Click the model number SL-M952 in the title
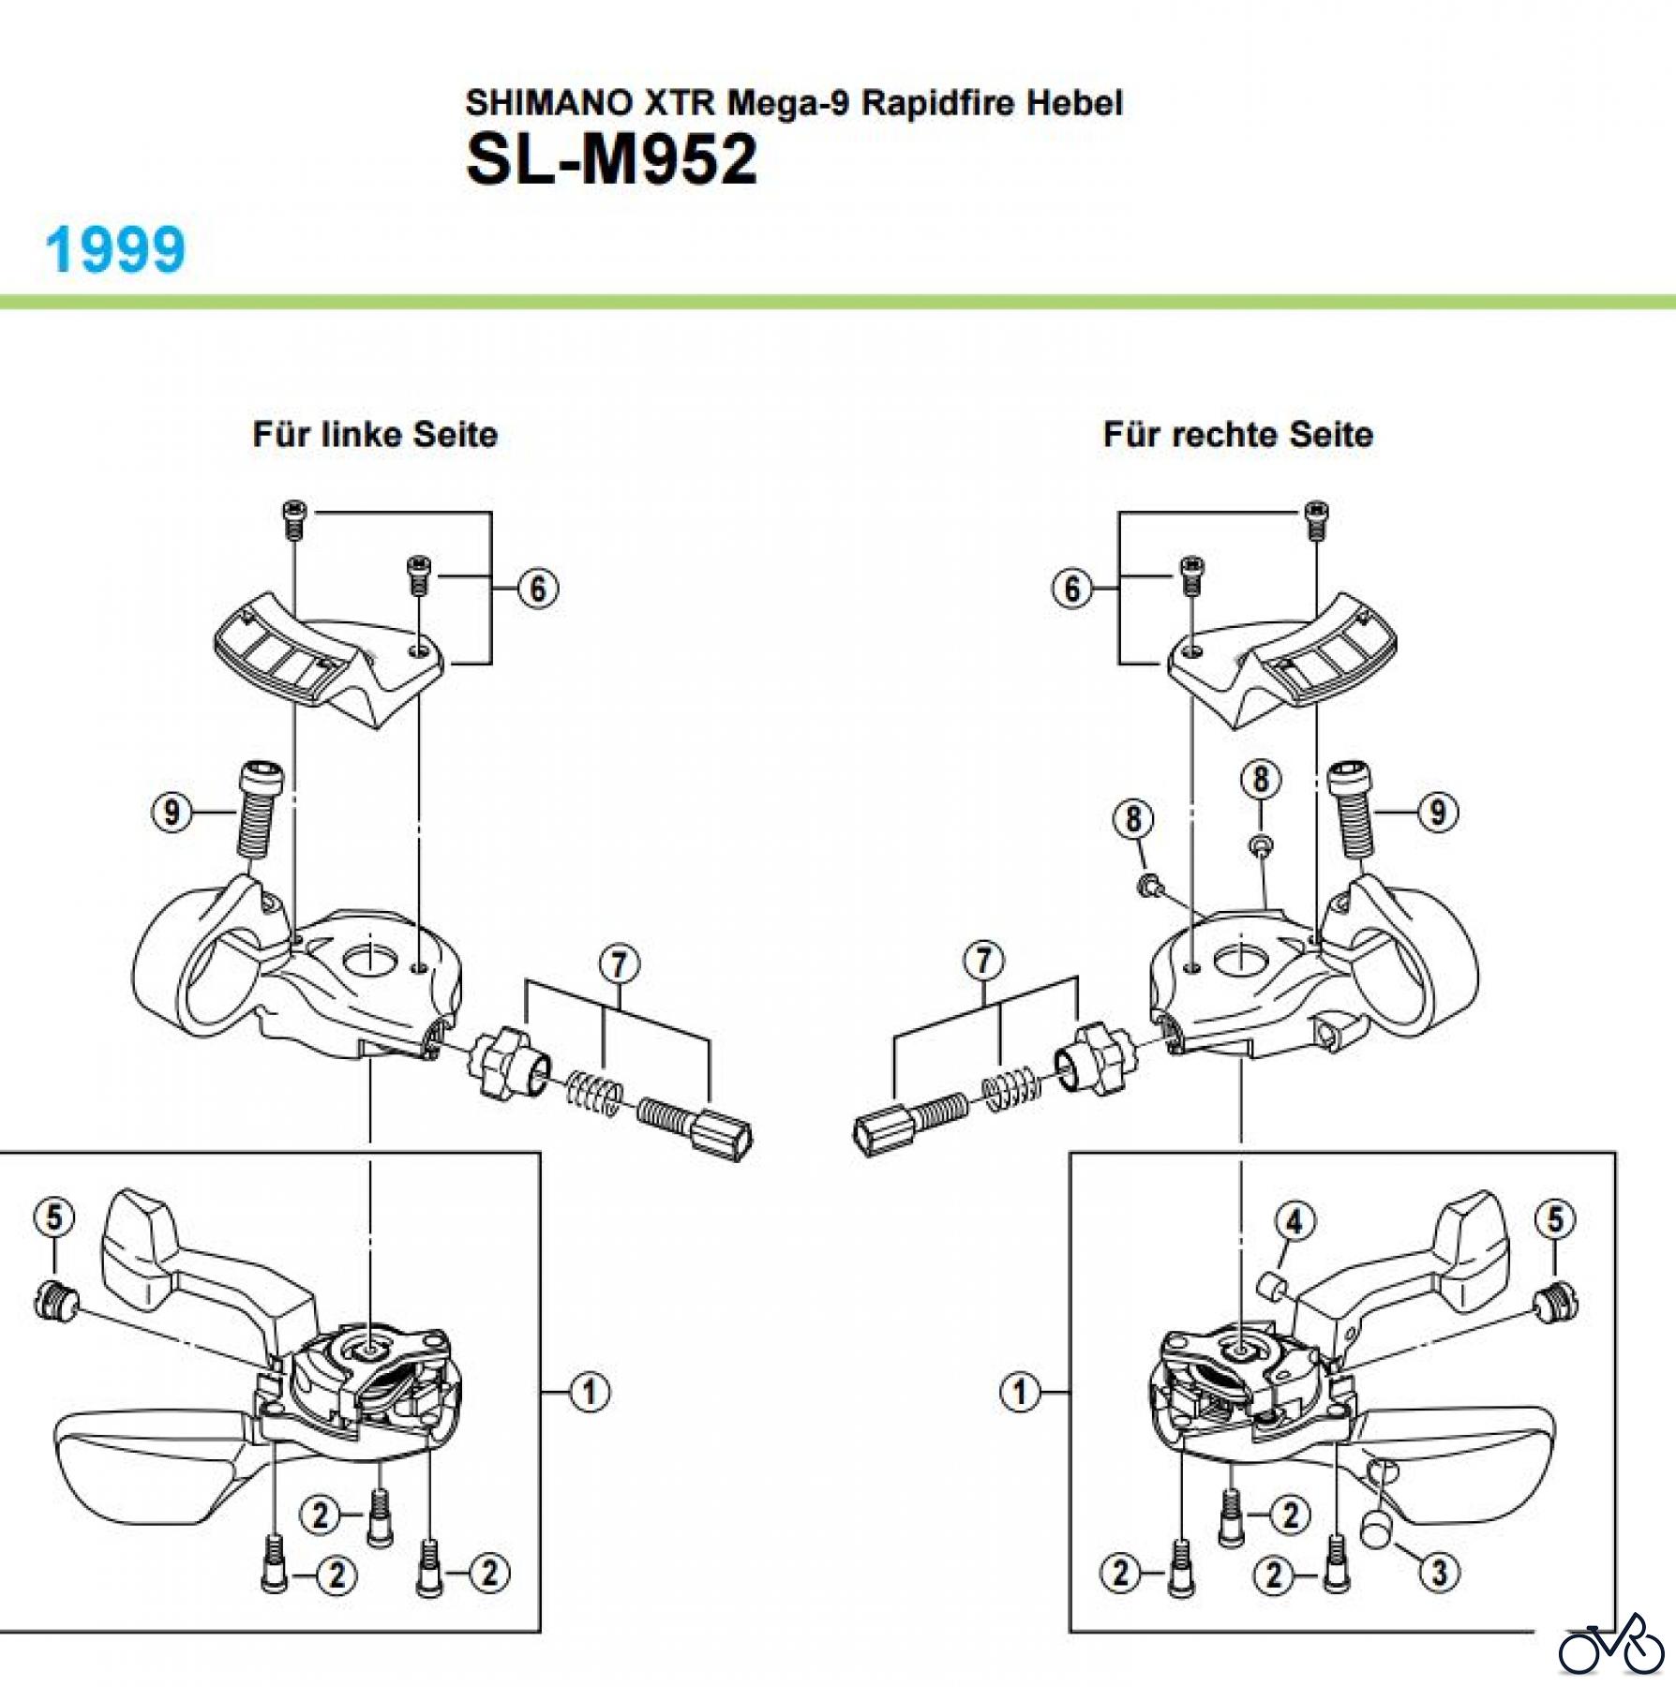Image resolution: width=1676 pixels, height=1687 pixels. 610,159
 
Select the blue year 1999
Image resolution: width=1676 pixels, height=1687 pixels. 115,250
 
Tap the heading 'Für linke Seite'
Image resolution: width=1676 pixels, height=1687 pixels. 375,435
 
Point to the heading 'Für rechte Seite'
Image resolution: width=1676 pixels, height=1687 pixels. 1237,435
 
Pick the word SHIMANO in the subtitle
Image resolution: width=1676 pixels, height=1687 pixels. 549,102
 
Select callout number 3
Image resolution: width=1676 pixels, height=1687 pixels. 1439,1572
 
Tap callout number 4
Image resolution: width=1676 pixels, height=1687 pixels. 1294,1221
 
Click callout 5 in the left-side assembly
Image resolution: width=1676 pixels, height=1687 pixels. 53,1217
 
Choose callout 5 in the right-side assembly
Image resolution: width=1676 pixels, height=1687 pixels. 1555,1219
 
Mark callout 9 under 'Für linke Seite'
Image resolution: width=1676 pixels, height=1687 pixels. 171,812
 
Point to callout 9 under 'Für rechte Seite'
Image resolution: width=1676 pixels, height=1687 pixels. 1438,812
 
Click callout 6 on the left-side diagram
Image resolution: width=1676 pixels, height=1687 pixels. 538,589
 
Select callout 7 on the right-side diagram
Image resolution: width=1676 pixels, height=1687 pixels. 983,961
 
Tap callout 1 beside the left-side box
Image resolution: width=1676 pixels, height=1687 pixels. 590,1392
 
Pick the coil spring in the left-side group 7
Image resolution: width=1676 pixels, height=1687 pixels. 594,1093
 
